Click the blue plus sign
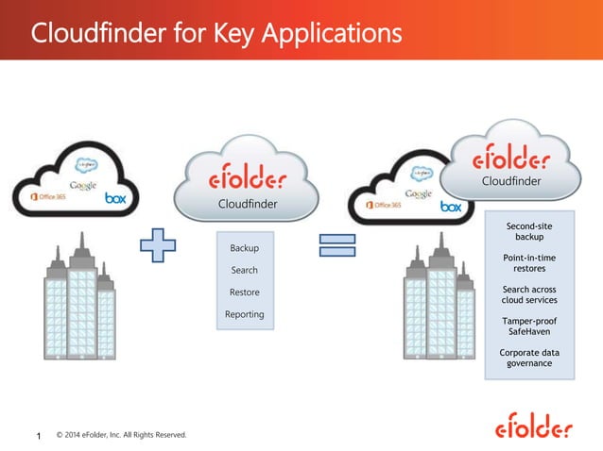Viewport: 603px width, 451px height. click(x=159, y=248)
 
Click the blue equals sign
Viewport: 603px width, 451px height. click(x=336, y=248)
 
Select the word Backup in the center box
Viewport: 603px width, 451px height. click(x=245, y=248)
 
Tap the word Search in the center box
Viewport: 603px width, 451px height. click(x=245, y=271)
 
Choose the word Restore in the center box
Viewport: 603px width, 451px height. click(x=245, y=292)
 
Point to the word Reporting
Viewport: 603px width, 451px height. click(x=245, y=314)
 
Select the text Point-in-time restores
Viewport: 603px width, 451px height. click(x=529, y=262)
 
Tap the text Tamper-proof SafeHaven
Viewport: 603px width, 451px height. click(x=529, y=326)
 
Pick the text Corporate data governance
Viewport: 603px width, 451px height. click(x=529, y=359)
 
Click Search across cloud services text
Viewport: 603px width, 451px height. click(x=529, y=294)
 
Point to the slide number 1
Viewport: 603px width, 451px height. click(x=39, y=436)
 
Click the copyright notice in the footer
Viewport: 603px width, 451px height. click(x=121, y=435)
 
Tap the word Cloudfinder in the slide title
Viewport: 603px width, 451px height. click(x=91, y=34)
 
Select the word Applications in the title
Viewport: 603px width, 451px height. click(x=330, y=35)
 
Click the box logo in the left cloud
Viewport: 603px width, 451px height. click(x=115, y=198)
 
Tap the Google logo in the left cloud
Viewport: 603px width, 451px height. click(x=82, y=185)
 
